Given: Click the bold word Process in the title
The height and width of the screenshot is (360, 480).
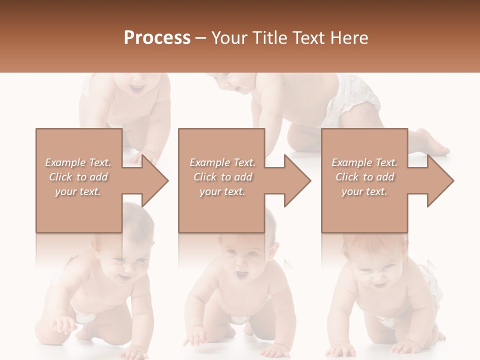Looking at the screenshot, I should [157, 38].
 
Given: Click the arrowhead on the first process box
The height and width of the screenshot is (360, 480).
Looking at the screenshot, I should [155, 180].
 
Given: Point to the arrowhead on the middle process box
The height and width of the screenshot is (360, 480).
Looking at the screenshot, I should [298, 180].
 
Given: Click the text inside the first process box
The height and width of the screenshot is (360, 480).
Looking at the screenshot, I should [78, 177].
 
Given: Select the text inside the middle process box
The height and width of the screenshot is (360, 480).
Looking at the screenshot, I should [222, 177].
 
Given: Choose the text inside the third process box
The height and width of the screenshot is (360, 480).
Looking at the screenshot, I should [364, 177].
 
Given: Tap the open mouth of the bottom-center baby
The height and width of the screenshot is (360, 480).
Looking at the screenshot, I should [241, 274].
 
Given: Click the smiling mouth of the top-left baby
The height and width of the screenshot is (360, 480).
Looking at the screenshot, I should [136, 89].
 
